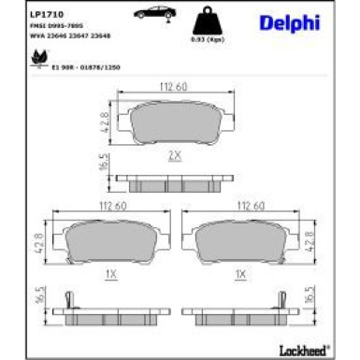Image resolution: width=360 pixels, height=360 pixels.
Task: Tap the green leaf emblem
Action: point(39,58)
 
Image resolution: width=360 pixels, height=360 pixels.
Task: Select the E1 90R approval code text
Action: point(90,65)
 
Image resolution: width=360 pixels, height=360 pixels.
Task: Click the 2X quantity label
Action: point(174,155)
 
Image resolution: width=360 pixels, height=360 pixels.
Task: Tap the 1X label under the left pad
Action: point(110,276)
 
